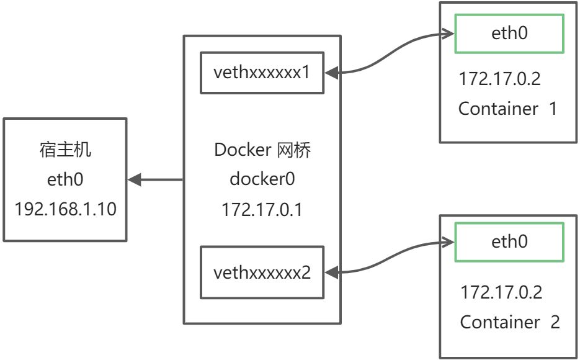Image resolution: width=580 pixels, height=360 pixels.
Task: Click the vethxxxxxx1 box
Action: click(x=262, y=73)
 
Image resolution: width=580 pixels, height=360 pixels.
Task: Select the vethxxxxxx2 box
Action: click(x=262, y=272)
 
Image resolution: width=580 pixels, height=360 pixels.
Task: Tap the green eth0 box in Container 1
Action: click(x=509, y=33)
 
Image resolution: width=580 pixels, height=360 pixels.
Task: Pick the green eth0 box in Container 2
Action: click(x=509, y=242)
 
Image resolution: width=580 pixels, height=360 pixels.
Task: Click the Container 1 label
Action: click(x=508, y=109)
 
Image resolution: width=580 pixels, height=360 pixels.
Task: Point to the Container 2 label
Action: click(x=510, y=322)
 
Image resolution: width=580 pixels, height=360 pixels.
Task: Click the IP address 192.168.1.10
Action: click(x=65, y=209)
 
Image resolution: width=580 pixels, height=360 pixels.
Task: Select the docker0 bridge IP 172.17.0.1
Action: click(x=262, y=209)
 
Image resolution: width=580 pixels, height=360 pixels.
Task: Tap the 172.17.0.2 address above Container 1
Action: click(x=500, y=79)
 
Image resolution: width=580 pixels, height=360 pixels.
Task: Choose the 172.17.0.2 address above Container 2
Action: click(x=501, y=292)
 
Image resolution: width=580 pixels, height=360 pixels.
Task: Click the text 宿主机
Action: click(x=65, y=150)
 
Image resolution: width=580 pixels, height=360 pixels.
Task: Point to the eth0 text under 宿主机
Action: click(x=65, y=180)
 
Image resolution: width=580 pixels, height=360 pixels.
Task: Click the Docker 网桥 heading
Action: click(x=262, y=150)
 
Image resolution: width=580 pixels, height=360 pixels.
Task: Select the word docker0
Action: click(x=262, y=180)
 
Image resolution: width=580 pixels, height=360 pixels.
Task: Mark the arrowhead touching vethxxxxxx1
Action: click(x=332, y=73)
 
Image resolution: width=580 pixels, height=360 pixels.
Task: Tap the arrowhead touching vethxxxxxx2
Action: click(x=332, y=272)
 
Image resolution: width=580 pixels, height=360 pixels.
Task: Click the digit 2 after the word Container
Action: click(x=555, y=322)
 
